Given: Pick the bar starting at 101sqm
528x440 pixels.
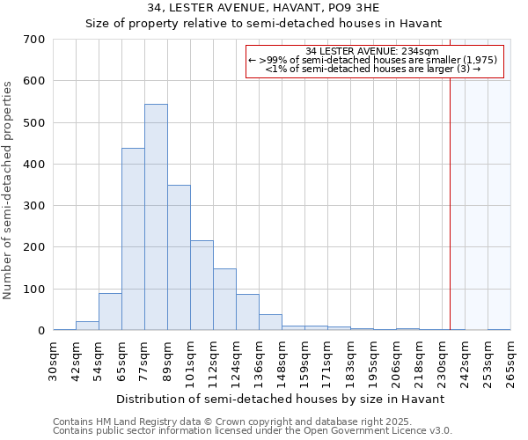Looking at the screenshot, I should tap(202, 285).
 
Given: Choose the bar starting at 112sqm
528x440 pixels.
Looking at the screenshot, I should tap(224, 299).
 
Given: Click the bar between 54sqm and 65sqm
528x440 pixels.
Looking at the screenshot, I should tap(110, 312).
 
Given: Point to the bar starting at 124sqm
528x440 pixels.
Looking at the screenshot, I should tap(247, 312).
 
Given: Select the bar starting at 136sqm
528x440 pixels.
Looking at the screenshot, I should tap(270, 322).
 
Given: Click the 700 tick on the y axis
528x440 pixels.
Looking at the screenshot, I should tap(34, 40).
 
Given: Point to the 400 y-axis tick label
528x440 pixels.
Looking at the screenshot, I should tap(34, 165).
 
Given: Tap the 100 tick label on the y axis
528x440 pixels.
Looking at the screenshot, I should tap(34, 290).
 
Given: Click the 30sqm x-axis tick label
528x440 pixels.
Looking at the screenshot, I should tap(54, 360).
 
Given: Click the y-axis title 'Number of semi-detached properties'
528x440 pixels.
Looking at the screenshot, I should tap(9, 189).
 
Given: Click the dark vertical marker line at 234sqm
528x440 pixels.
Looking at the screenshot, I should tap(451, 194).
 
